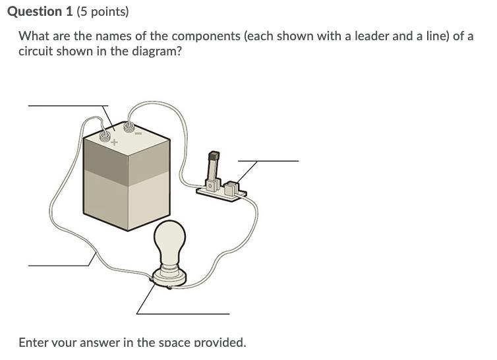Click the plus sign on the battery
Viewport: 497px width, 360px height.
115,142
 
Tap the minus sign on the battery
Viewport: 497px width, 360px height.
138,134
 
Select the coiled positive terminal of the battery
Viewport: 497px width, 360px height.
105,136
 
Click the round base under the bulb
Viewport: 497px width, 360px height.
169,278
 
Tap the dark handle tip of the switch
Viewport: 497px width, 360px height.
214,156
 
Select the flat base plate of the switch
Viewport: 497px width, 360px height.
221,194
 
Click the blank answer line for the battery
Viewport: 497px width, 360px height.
68,105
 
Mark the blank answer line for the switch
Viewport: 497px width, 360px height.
268,161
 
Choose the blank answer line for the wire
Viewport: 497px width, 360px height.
58,266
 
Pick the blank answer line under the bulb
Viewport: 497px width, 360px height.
183,314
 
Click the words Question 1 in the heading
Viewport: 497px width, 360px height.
40,12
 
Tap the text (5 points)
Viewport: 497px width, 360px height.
103,12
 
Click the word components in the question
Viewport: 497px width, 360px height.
206,36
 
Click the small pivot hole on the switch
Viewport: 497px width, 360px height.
210,185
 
